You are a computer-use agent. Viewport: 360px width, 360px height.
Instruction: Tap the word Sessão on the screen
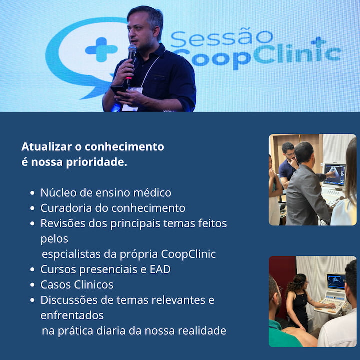point(222,38)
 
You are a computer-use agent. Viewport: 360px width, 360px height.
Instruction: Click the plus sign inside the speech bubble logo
point(101,50)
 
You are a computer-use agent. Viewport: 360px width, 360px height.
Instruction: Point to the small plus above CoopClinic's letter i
point(318,42)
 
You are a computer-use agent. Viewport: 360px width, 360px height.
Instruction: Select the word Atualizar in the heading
point(46,147)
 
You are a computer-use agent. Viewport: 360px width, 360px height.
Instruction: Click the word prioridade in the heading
point(96,162)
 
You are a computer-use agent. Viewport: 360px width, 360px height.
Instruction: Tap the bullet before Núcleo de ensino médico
point(32,193)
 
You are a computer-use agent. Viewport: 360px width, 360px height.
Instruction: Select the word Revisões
point(63,223)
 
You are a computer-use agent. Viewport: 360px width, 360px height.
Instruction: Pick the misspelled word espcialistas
point(71,254)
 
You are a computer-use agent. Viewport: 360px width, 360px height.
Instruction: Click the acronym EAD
point(160,269)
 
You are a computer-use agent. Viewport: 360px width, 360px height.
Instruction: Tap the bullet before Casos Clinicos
point(32,285)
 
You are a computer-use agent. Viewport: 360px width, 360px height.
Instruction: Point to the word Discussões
point(69,300)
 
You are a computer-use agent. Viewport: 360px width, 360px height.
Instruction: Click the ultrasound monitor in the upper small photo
point(335,175)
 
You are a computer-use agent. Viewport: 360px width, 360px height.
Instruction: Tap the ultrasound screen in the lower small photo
point(336,281)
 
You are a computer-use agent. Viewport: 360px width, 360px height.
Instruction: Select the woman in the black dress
point(298,302)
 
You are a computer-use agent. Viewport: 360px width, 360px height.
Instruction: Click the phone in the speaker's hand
point(118,90)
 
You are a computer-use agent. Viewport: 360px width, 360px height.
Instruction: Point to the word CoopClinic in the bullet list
point(188,254)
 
